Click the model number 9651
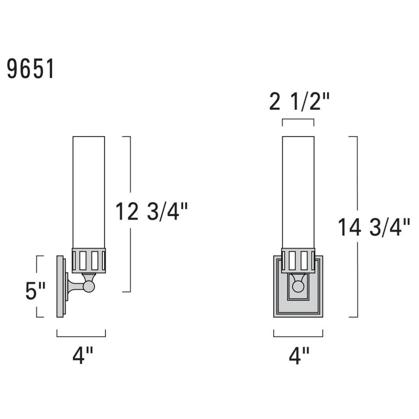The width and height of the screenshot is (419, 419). coord(30,69)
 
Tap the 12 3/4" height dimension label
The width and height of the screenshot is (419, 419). coord(152,212)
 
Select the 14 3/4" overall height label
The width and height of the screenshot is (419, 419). coord(373,227)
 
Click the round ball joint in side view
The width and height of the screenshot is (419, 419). coord(89,286)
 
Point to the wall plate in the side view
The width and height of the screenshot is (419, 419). coord(60,286)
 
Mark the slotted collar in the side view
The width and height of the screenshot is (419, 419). coord(88,260)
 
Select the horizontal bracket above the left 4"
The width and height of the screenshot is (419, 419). coord(81,336)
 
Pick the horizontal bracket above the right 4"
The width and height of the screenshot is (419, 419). coord(298,336)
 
